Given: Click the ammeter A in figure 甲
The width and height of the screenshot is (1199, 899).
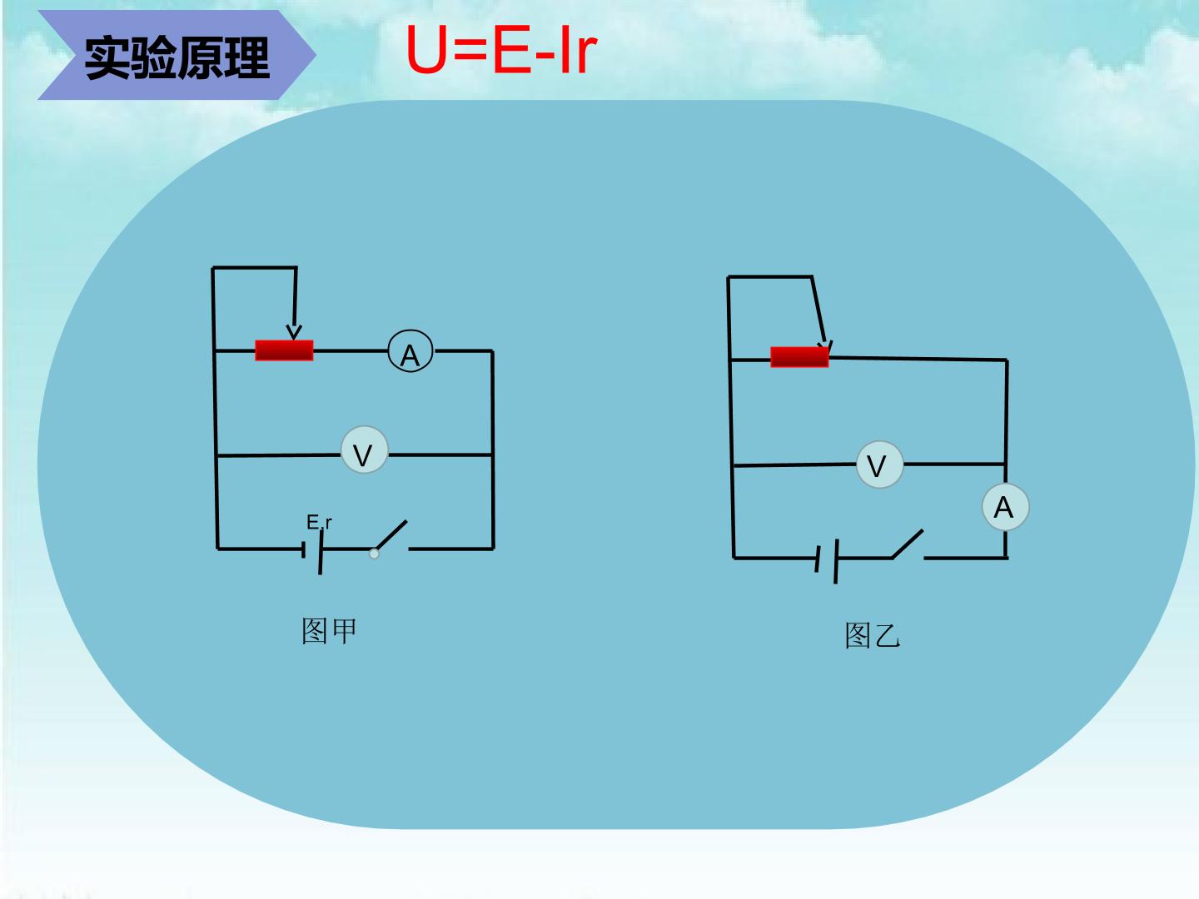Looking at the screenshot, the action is [410, 351].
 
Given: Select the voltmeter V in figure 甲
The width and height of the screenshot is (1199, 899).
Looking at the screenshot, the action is [365, 449].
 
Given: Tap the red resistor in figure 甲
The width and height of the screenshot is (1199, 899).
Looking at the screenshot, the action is [284, 350].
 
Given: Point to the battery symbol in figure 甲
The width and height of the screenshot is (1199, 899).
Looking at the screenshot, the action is [312, 551].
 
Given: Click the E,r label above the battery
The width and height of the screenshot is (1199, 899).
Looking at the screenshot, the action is [319, 523].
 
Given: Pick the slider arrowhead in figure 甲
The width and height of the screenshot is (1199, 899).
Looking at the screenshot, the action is [294, 332].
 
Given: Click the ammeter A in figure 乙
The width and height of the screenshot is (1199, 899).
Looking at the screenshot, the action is [1005, 507].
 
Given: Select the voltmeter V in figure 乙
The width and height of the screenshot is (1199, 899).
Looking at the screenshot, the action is [879, 464].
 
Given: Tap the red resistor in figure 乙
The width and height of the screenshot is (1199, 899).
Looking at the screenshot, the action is [799, 357].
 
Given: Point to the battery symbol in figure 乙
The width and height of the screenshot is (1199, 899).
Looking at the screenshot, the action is [827, 560].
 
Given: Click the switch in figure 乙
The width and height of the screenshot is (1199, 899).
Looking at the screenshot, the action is [908, 544].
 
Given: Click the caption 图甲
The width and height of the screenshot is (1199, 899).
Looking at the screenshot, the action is [329, 631].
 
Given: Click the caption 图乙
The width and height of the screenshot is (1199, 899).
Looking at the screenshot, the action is [873, 635].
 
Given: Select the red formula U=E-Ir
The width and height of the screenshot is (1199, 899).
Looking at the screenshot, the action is [501, 50].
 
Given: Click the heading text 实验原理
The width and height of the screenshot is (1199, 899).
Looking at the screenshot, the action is [177, 58].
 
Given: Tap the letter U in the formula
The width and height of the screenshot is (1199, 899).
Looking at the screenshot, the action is [426, 50].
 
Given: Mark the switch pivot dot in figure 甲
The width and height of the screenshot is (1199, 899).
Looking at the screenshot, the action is [374, 554].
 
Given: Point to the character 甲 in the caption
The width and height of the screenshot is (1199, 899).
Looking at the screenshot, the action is [344, 631].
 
